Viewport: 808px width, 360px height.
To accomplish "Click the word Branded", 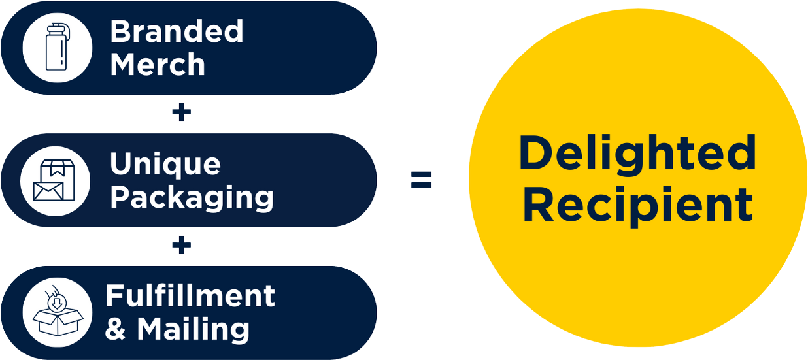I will click(x=177, y=31).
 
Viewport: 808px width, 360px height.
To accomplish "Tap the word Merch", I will click(x=158, y=65).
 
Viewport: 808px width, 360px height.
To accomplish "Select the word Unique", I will click(x=165, y=163).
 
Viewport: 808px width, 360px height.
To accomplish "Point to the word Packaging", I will click(x=192, y=197).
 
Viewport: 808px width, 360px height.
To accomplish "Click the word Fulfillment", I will click(x=190, y=296).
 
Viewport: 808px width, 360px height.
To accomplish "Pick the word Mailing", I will click(x=193, y=329).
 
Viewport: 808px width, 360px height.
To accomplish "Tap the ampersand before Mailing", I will click(x=115, y=329).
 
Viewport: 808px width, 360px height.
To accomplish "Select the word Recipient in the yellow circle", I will click(x=637, y=205).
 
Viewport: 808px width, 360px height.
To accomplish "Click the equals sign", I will click(x=421, y=180).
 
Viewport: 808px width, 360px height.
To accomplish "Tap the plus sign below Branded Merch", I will click(x=181, y=113).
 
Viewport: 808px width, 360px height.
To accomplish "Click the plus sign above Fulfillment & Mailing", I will click(x=181, y=245).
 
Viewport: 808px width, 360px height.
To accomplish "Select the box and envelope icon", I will click(x=55, y=180).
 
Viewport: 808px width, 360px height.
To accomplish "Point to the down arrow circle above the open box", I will click(x=58, y=301).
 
